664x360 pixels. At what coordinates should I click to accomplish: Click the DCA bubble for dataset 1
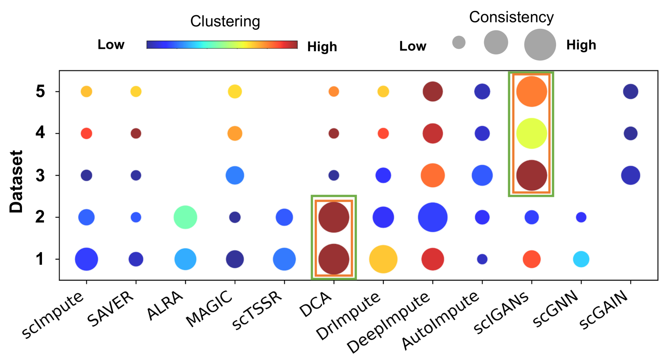click(333, 259)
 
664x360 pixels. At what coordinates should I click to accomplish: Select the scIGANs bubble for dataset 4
click(531, 133)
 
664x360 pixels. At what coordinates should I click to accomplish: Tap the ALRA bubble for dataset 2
click(185, 217)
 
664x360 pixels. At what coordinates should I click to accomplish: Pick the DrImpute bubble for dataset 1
click(383, 259)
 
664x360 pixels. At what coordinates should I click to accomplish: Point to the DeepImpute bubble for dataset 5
click(433, 92)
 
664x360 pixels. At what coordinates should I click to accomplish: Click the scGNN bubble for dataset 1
click(581, 259)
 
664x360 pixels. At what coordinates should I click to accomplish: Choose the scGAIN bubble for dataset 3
click(630, 175)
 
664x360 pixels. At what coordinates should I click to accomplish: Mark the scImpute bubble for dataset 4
click(86, 133)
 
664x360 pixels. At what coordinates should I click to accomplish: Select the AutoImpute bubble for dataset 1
click(482, 259)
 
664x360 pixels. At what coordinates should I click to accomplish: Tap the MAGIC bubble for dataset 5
click(235, 92)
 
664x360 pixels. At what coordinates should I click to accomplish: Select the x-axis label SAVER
click(111, 308)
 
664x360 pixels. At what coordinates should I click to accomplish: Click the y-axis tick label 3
click(40, 176)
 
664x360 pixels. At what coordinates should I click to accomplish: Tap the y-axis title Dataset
click(16, 181)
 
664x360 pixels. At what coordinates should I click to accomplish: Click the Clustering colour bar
click(222, 44)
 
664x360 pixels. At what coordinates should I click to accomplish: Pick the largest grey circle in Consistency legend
click(540, 44)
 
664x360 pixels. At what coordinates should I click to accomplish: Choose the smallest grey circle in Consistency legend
click(459, 42)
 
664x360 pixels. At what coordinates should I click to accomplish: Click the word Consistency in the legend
click(511, 17)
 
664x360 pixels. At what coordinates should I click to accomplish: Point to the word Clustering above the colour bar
click(225, 21)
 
